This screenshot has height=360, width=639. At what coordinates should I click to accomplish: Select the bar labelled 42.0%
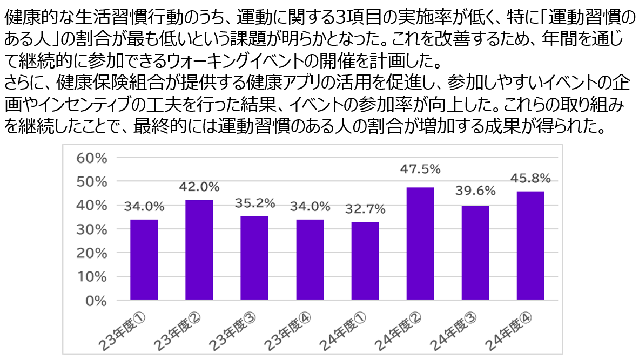pyautogui.click(x=199, y=249)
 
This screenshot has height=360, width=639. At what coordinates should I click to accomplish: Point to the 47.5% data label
pyautogui.click(x=420, y=169)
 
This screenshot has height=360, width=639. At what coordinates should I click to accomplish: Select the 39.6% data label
pyautogui.click(x=475, y=191)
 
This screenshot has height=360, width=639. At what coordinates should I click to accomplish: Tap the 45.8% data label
pyautogui.click(x=530, y=177)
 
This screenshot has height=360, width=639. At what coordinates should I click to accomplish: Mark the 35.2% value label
pyautogui.click(x=254, y=203)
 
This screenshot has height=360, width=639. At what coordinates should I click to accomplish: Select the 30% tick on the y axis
pyautogui.click(x=92, y=229)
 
